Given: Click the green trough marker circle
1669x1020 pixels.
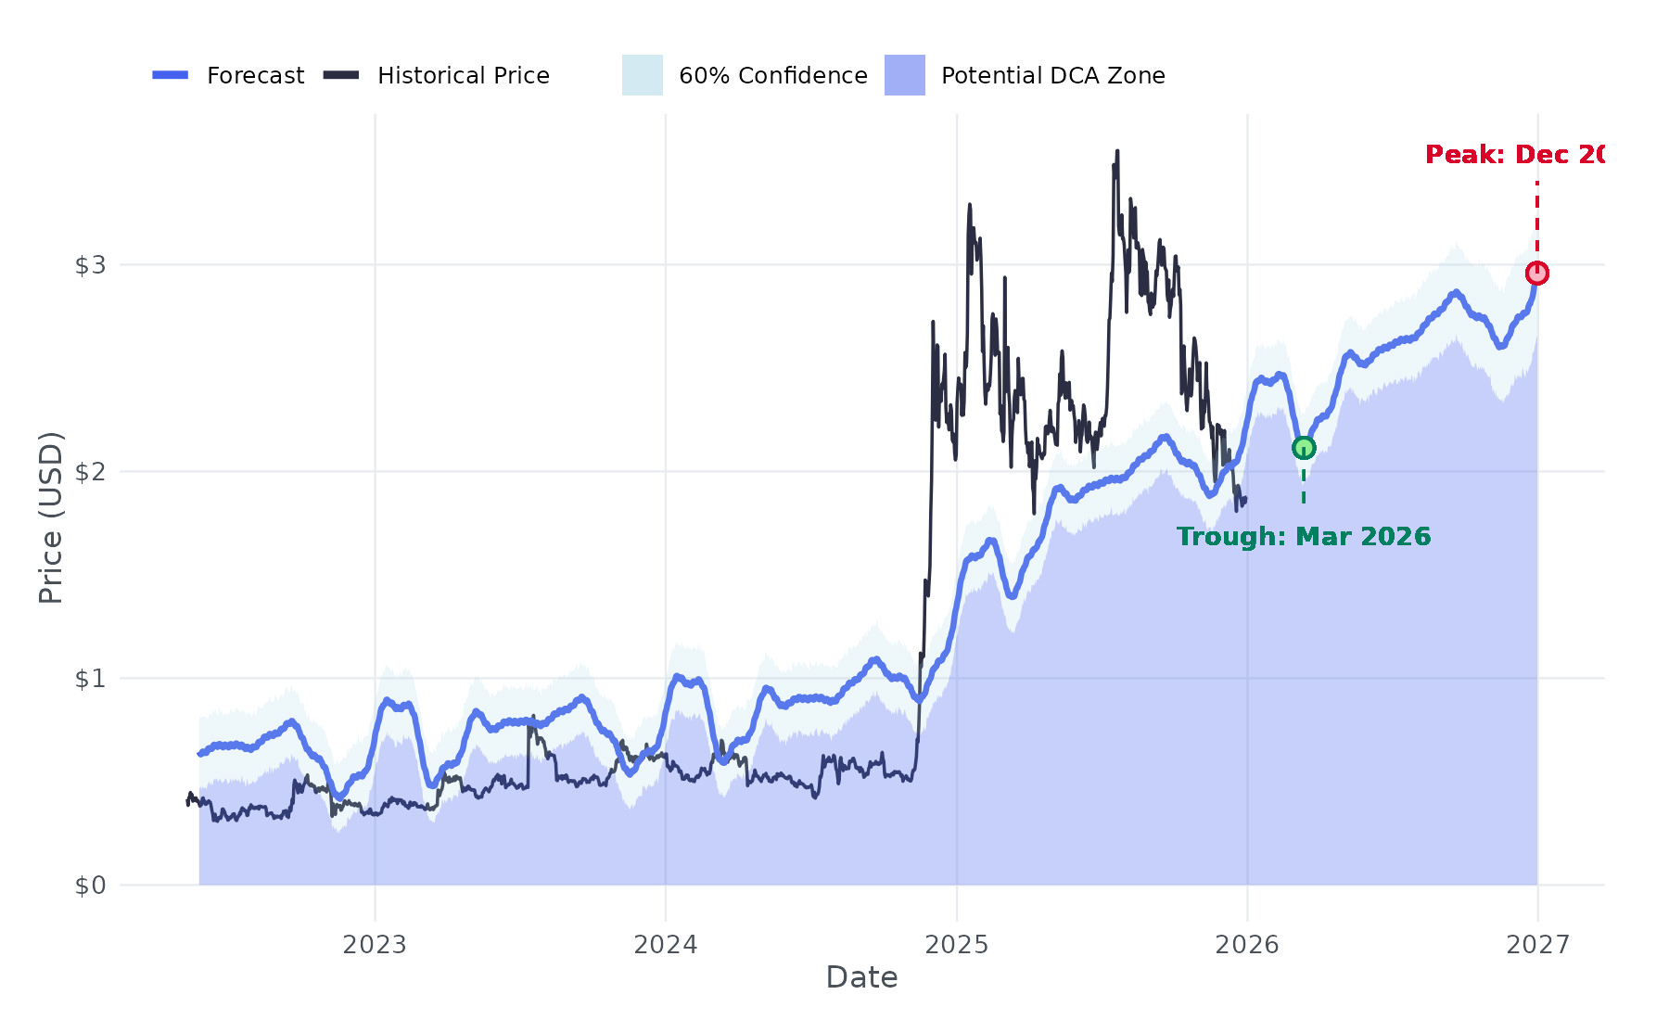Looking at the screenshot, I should coord(1304,448).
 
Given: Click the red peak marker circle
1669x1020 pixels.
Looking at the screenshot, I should coord(1537,273).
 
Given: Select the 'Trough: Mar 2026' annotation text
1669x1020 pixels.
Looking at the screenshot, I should coord(1304,537).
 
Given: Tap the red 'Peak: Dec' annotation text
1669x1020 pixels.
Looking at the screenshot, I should coord(1514,155).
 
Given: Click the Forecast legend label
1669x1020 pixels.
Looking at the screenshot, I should coord(255,76).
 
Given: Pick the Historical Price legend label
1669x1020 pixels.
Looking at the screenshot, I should coord(463,76).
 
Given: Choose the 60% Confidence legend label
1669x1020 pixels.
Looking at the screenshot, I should coord(772,76).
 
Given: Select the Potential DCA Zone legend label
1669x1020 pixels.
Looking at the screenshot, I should coord(1052,76).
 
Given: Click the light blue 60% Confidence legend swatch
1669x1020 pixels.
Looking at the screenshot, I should coord(642,75).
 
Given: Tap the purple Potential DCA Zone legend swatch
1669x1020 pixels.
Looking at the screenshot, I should coord(904,75).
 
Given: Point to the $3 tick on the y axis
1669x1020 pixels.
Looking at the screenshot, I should coord(90,265).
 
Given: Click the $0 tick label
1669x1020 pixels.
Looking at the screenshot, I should coord(90,886).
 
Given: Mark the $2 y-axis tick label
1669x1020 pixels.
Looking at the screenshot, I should coord(90,472).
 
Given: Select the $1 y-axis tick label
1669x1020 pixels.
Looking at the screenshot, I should coord(90,679).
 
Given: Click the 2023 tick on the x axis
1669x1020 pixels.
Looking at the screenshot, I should coord(375,945).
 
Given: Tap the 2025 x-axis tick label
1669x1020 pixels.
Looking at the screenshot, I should coord(957,945).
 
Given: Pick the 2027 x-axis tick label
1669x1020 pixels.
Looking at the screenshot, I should coord(1538,945).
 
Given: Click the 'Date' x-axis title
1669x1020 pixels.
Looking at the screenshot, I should coord(861,977).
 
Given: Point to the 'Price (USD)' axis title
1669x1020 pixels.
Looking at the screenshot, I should coord(51,517).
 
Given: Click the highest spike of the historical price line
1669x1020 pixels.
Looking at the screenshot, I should coord(1117,152).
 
